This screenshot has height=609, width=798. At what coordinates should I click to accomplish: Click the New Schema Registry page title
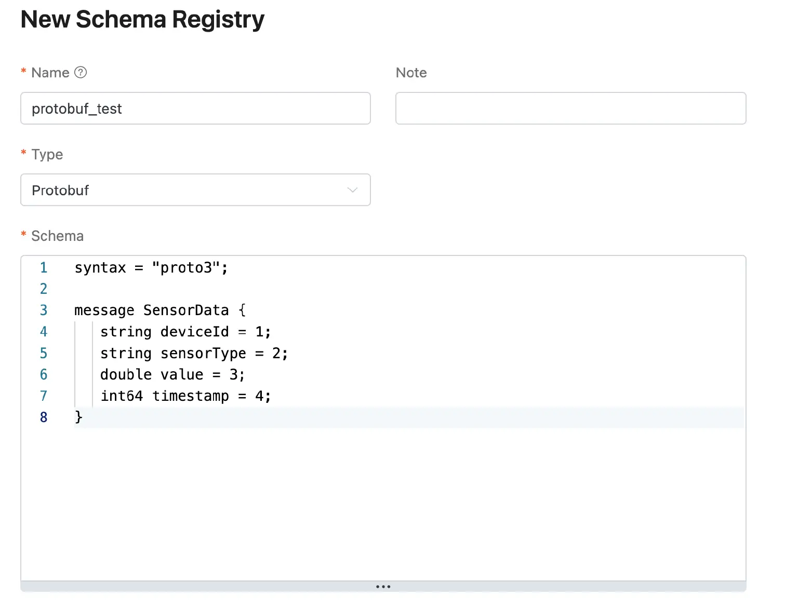pos(142,20)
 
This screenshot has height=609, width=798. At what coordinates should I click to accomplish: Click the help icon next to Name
pos(81,72)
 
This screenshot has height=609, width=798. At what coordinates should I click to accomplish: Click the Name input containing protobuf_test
pos(195,109)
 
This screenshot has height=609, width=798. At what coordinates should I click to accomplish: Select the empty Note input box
pos(570,109)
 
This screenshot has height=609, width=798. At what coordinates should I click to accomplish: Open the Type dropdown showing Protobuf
pos(195,190)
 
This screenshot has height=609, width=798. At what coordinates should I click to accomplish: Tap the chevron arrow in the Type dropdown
pos(352,190)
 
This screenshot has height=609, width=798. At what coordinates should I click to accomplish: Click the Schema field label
pos(57,236)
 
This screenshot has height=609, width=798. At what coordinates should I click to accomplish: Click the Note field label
pos(411,73)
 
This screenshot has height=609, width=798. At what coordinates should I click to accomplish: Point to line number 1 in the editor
pos(44,268)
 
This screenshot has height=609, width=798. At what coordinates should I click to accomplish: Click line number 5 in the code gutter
pos(44,354)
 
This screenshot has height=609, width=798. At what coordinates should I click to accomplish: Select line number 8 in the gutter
pos(44,417)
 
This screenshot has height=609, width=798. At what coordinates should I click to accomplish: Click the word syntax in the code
pos(100,268)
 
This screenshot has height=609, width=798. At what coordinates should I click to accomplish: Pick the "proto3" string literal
pos(186,268)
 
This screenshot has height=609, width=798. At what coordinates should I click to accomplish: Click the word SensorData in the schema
pos(186,310)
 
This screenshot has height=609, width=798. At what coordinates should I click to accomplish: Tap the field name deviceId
pos(194,332)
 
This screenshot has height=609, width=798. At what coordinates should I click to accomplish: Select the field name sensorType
pos(203,354)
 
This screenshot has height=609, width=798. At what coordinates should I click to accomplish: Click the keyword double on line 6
pos(126,375)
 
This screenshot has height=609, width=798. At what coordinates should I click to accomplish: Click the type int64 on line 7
pos(122,396)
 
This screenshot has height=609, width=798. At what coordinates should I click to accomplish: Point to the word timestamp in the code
pos(190,396)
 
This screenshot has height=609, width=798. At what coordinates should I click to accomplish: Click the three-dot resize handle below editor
pos(383,587)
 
